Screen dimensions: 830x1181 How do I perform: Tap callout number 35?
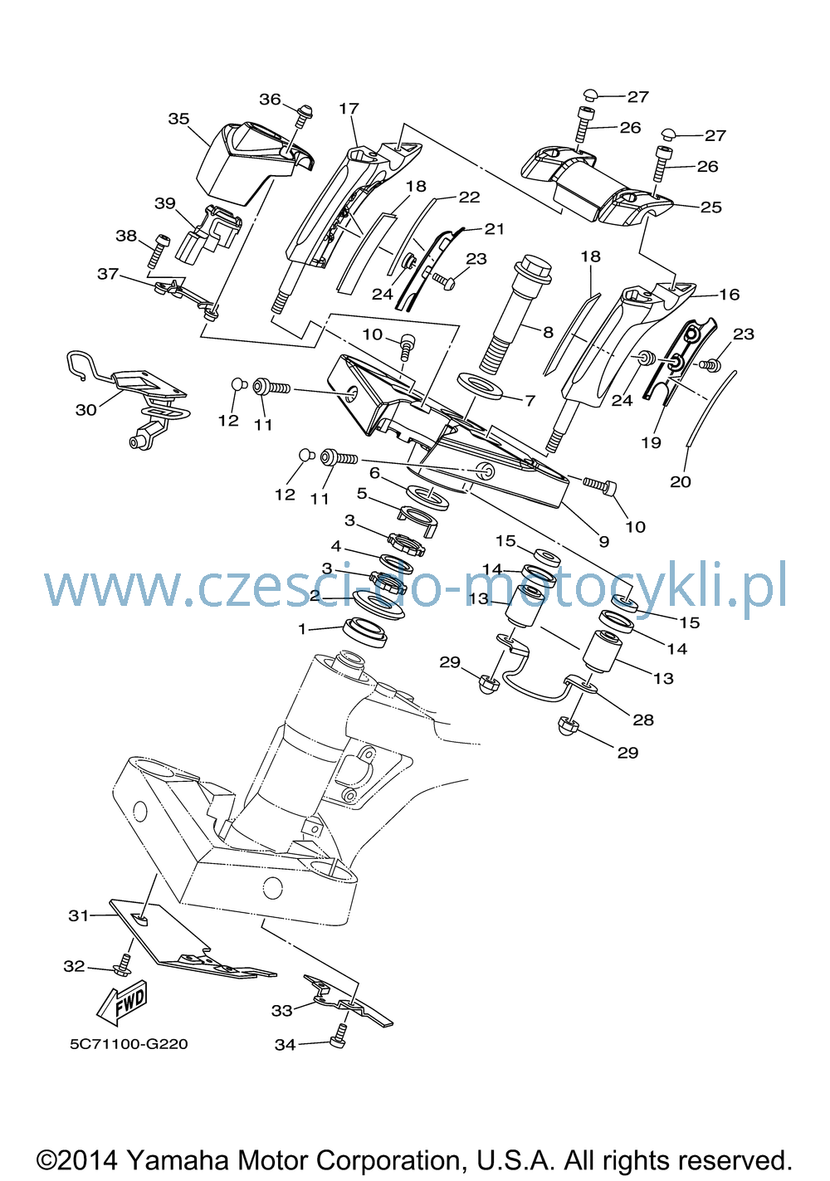[178, 119]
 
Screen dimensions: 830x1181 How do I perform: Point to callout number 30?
[86, 410]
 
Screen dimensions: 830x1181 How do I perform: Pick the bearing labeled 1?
[365, 631]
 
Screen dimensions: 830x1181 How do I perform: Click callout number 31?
[79, 915]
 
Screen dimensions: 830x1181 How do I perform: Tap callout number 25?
[710, 207]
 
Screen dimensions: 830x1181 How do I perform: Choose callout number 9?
[603, 541]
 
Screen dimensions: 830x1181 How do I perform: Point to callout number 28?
[642, 720]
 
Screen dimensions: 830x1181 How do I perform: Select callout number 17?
[349, 109]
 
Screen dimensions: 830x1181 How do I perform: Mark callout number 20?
[681, 481]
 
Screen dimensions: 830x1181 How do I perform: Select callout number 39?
[164, 203]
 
